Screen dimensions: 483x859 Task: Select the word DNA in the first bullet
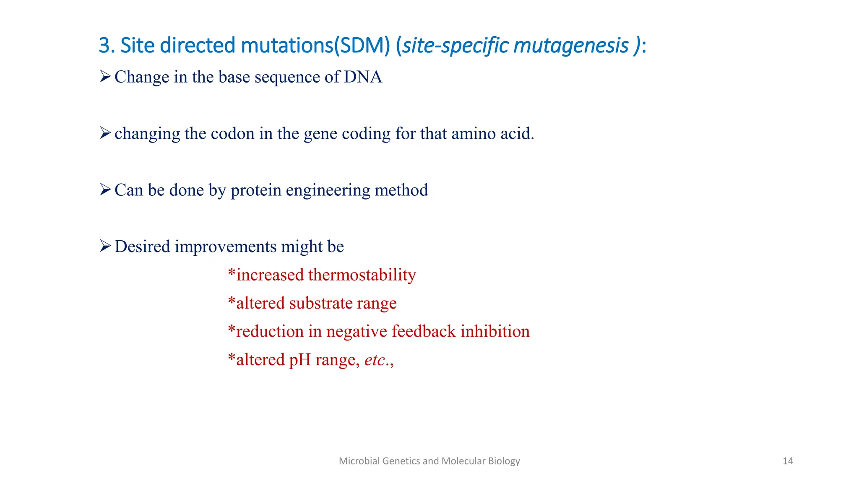coord(363,77)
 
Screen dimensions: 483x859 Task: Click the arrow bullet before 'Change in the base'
coord(105,77)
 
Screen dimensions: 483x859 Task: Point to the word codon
coord(232,134)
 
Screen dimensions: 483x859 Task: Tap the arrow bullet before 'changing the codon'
coord(105,133)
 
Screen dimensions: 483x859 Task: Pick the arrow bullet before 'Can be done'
coord(105,190)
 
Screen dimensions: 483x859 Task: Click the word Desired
coord(142,247)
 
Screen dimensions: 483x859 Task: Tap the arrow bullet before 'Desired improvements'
coord(105,246)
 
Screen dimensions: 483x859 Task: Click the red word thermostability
coord(362,275)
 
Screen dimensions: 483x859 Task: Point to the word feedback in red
coord(424,332)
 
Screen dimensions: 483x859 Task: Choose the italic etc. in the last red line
coord(376,360)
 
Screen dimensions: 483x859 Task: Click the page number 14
coord(788,461)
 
